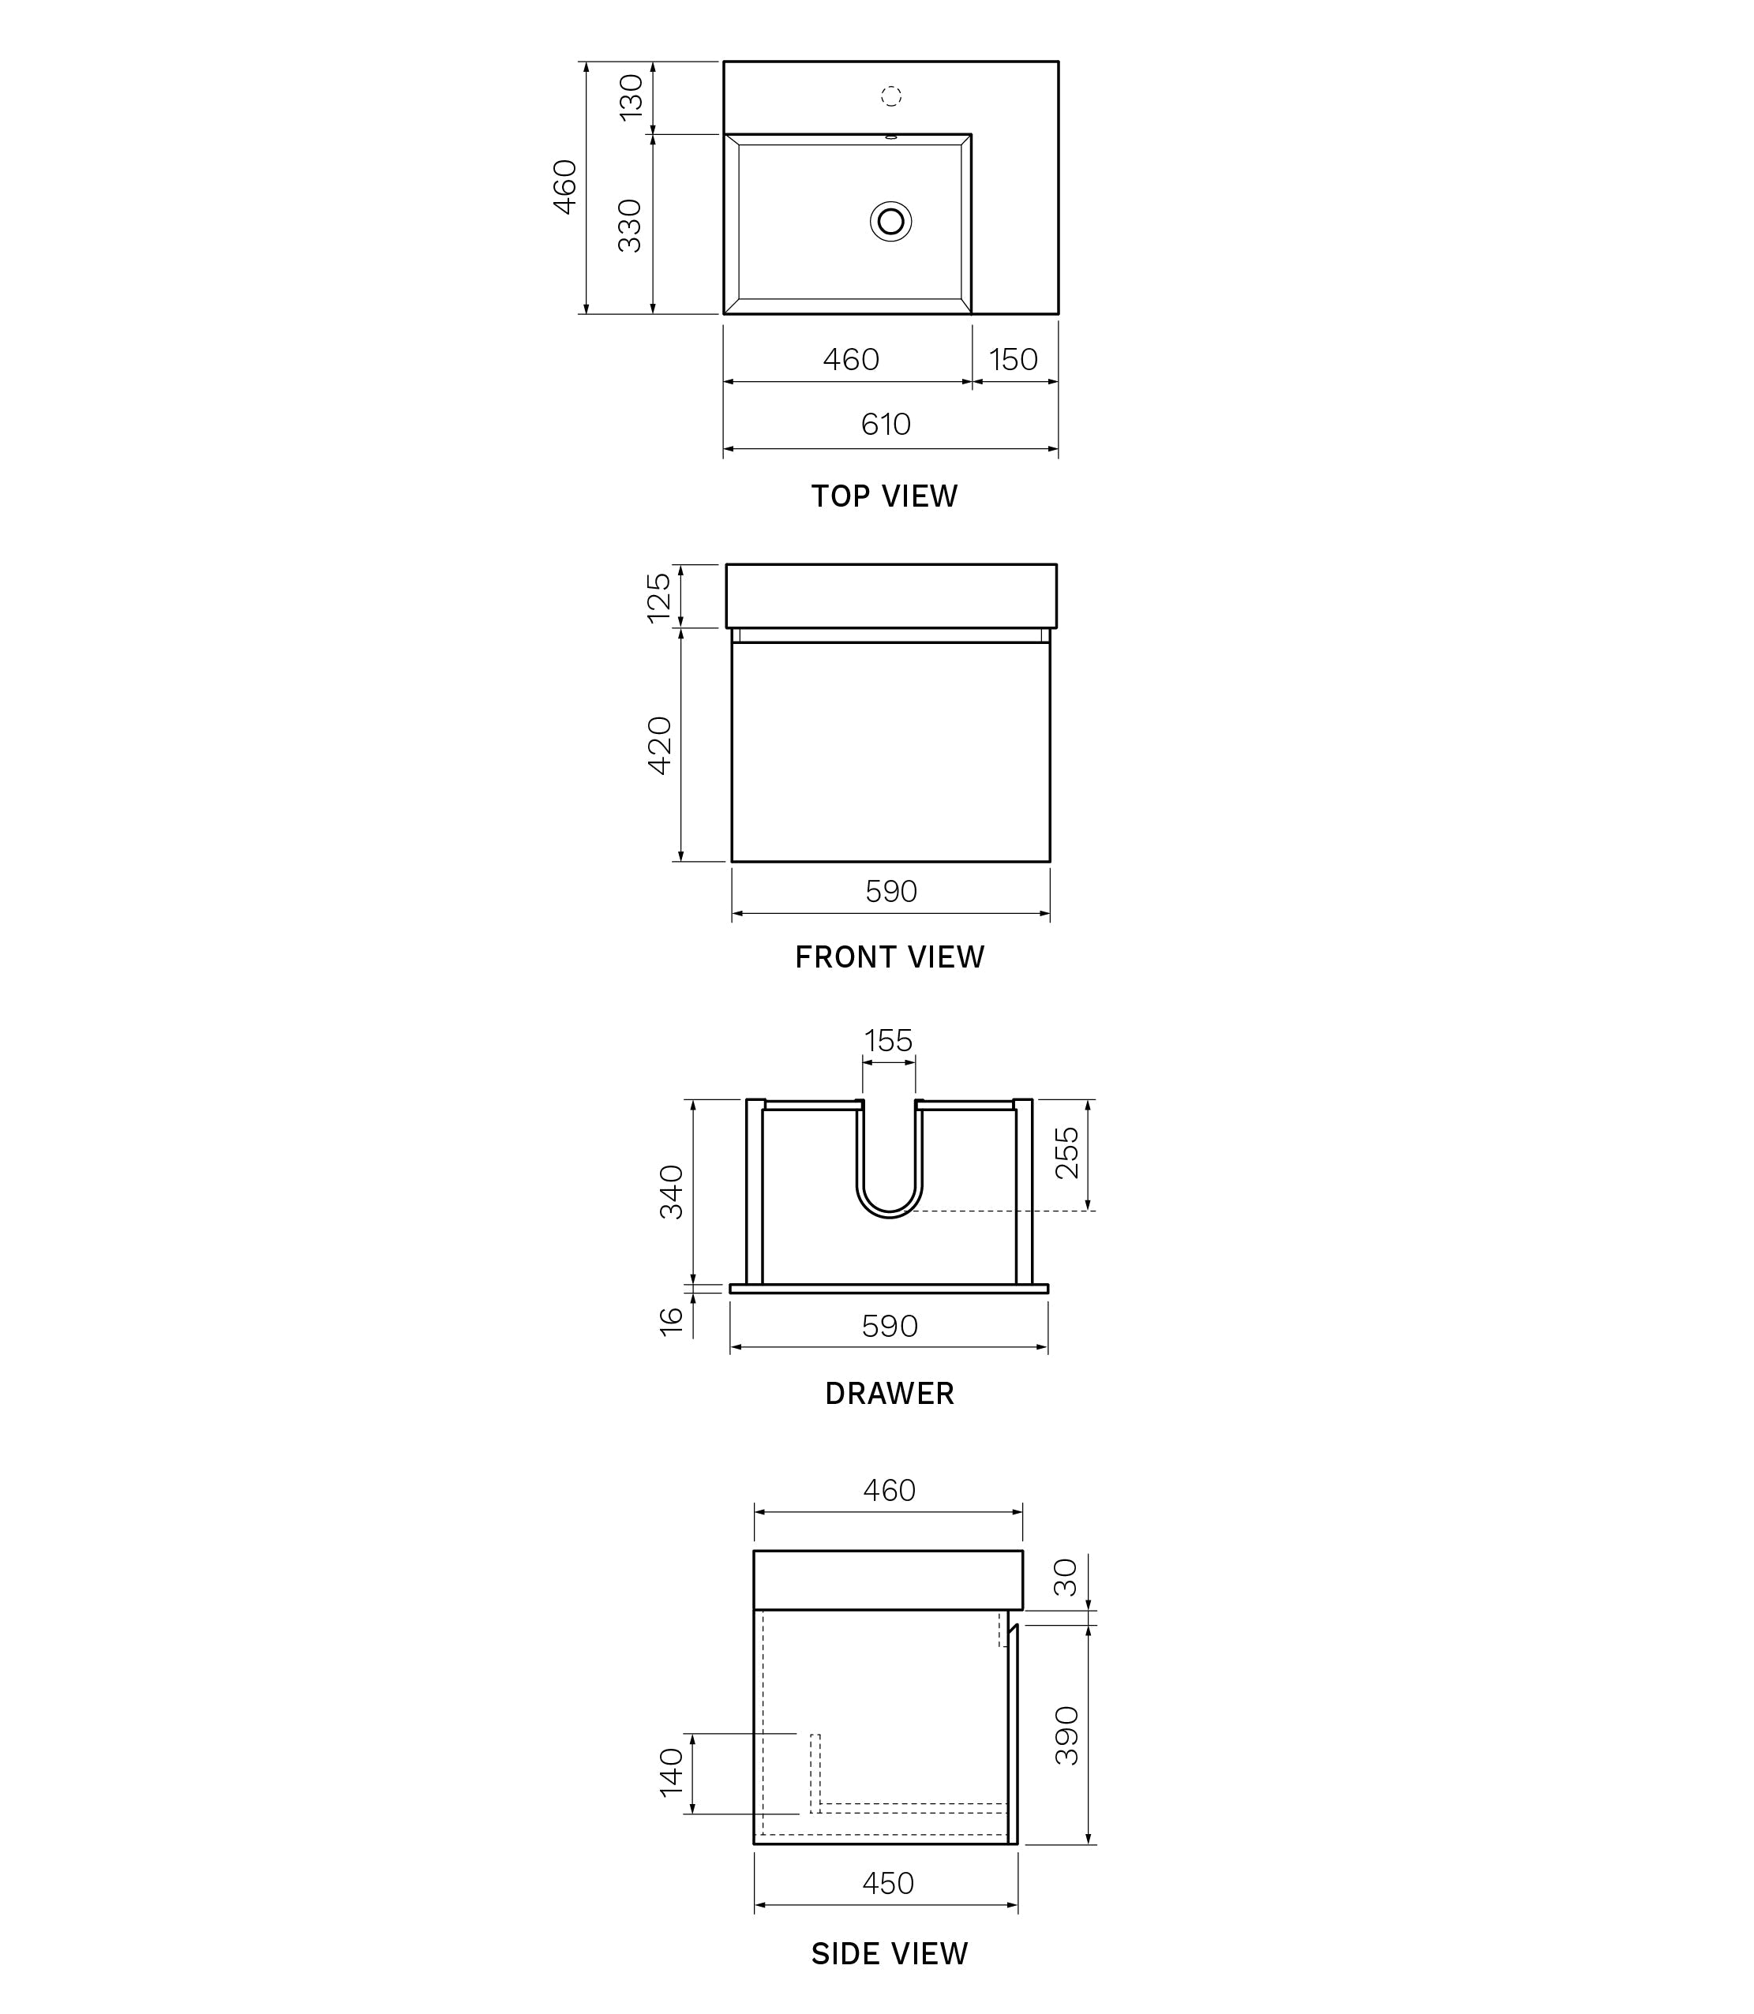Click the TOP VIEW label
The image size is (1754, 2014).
point(884,496)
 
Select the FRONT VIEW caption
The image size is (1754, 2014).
point(889,957)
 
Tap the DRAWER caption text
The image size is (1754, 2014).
point(889,1394)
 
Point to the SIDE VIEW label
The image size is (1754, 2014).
point(889,1954)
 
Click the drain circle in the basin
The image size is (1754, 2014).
point(890,221)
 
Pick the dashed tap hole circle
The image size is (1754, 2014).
point(890,96)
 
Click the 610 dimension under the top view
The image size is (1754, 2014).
point(886,425)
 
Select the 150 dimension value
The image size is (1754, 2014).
point(1013,360)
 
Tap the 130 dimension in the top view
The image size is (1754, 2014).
point(632,97)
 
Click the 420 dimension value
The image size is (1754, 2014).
point(660,746)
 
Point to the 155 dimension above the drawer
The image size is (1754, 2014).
point(888,1041)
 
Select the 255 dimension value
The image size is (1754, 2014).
point(1067,1153)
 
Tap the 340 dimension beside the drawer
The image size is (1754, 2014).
point(672,1191)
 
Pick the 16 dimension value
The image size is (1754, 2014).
point(672,1321)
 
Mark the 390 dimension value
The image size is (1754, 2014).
point(1067,1735)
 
